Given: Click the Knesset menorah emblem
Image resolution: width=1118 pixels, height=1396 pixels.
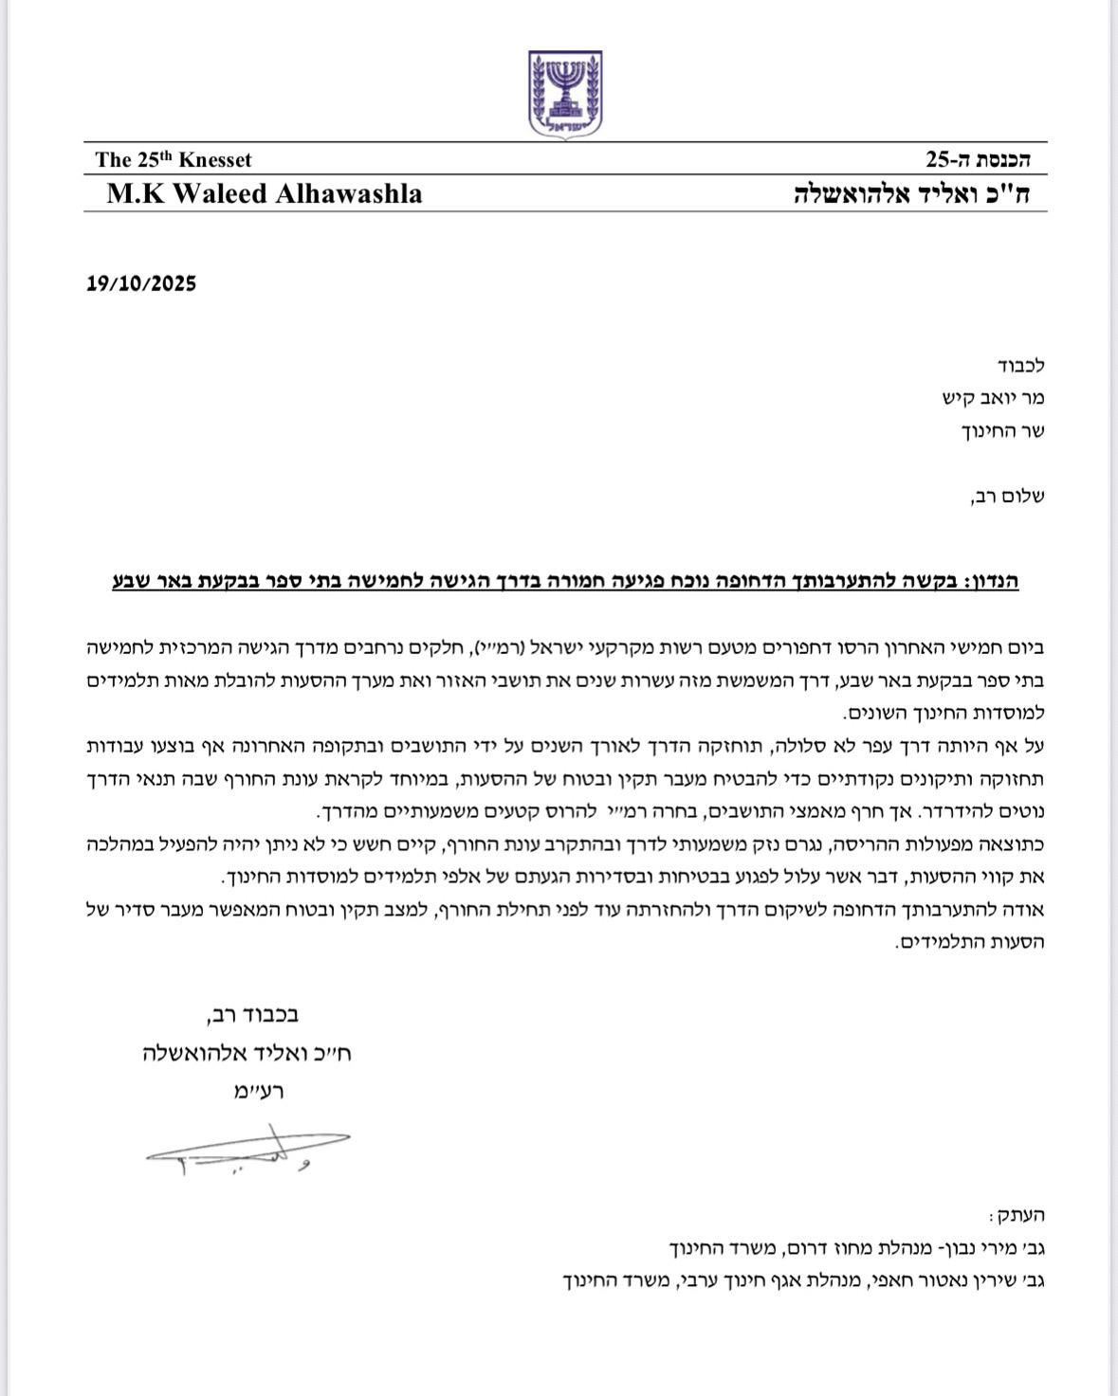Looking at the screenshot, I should (x=565, y=95).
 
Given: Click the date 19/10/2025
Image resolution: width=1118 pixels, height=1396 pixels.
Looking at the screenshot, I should (x=141, y=283).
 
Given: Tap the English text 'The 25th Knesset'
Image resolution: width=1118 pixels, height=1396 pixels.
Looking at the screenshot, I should (x=174, y=160).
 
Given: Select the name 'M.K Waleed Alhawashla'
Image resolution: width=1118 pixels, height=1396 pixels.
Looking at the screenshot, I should (x=265, y=194).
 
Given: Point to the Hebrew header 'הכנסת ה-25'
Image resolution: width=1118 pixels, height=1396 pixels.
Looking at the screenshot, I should (x=981, y=159).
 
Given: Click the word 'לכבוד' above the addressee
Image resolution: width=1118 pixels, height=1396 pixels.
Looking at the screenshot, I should (x=1020, y=365).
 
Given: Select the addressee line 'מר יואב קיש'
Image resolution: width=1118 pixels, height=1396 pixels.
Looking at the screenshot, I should (x=993, y=398).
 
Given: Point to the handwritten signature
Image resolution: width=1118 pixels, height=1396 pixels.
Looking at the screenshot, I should (x=248, y=1149).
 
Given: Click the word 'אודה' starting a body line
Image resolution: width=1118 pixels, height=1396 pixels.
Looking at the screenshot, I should (x=1024, y=910).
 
